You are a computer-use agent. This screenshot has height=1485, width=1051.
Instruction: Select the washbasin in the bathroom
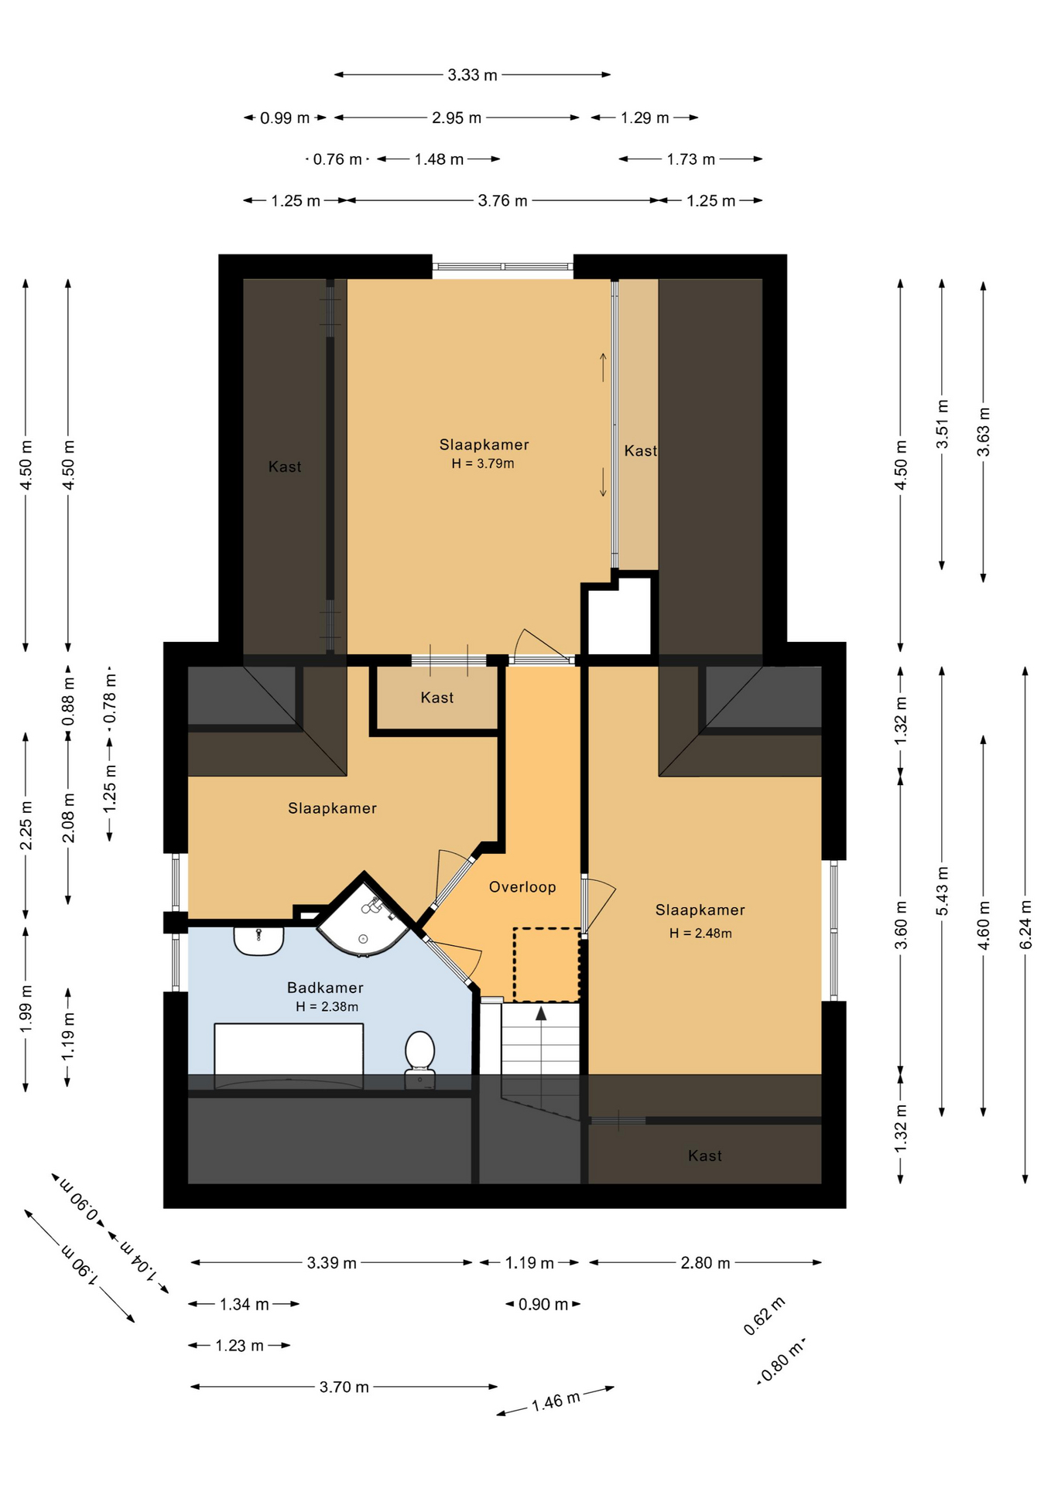(x=258, y=940)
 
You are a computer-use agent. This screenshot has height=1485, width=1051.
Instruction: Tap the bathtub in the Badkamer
(x=289, y=1056)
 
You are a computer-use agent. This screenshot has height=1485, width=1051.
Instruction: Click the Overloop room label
(x=522, y=887)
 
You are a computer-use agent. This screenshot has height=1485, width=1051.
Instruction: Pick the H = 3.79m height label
(x=483, y=463)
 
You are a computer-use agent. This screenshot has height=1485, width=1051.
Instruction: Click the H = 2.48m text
(x=700, y=933)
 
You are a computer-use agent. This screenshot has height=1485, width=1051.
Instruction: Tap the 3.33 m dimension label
(x=472, y=75)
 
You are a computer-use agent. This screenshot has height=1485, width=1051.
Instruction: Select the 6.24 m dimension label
(x=1025, y=924)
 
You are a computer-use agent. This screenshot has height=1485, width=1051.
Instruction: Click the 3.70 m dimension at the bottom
(x=344, y=1387)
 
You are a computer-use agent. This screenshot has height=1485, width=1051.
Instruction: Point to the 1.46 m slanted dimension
(x=556, y=1401)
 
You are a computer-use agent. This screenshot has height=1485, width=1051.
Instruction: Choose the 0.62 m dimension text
(x=764, y=1316)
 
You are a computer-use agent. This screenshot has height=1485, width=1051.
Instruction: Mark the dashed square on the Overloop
(x=546, y=964)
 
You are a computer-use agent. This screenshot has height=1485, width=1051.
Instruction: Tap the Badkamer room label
(x=325, y=988)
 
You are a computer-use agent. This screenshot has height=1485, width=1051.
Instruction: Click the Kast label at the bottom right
(x=705, y=1156)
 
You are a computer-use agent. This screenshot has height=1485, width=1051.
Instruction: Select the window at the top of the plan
(x=503, y=266)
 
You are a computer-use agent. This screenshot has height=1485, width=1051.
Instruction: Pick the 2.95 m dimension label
(x=457, y=118)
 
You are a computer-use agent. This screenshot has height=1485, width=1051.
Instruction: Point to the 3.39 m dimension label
(x=331, y=1263)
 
